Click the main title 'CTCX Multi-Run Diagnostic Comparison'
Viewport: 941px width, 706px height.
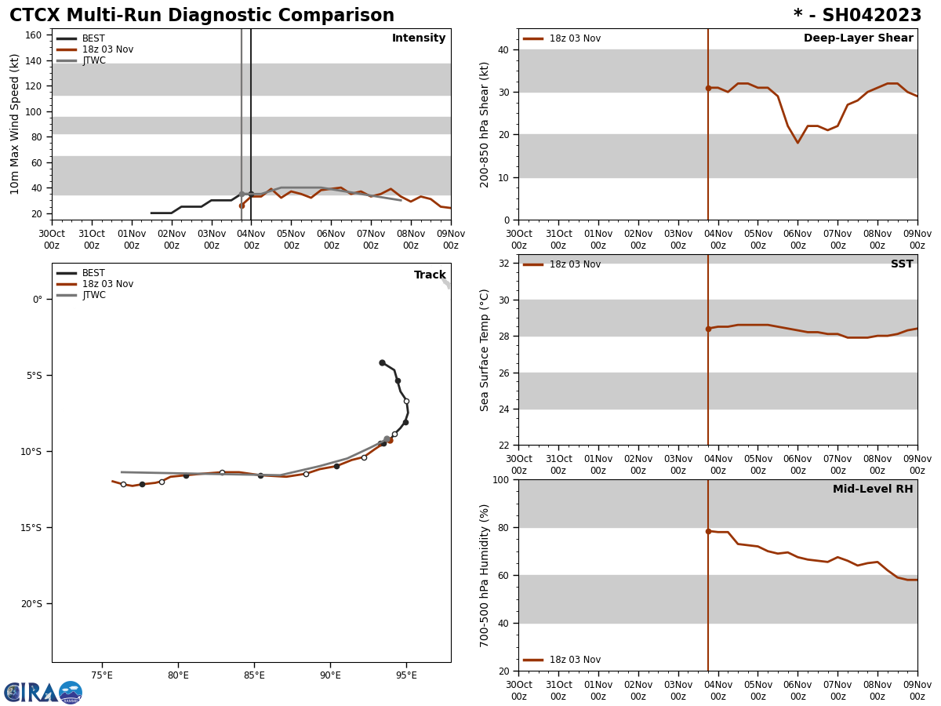tap(202, 16)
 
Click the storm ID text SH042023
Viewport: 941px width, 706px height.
tap(871, 16)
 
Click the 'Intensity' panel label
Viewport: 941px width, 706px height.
tap(419, 38)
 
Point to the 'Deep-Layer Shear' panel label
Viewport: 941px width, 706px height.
tap(858, 38)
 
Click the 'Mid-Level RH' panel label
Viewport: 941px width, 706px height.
tap(873, 489)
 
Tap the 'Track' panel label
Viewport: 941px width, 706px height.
tap(430, 275)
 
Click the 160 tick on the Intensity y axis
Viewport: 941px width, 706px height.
tap(33, 35)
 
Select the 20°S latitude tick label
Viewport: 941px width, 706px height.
tap(32, 603)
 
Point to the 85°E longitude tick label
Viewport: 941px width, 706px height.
tap(254, 675)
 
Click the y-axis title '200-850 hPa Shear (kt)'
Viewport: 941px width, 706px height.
tap(485, 125)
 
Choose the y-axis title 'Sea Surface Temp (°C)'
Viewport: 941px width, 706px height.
tap(485, 350)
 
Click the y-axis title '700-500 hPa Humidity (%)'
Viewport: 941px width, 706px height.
tap(485, 575)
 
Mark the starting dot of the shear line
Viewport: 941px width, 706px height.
tap(708, 88)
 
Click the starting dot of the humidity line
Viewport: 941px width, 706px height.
tap(708, 531)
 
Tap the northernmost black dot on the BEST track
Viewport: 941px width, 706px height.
tap(382, 362)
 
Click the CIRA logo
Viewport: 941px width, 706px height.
tap(42, 693)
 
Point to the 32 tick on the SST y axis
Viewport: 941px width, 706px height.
tap(505, 264)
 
